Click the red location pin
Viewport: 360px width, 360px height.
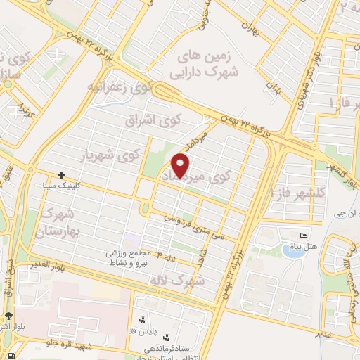click(x=181, y=165)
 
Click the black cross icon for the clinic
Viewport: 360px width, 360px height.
click(x=62, y=174)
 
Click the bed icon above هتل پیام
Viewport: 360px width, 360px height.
click(x=304, y=236)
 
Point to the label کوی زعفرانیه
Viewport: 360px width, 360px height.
click(x=120, y=88)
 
